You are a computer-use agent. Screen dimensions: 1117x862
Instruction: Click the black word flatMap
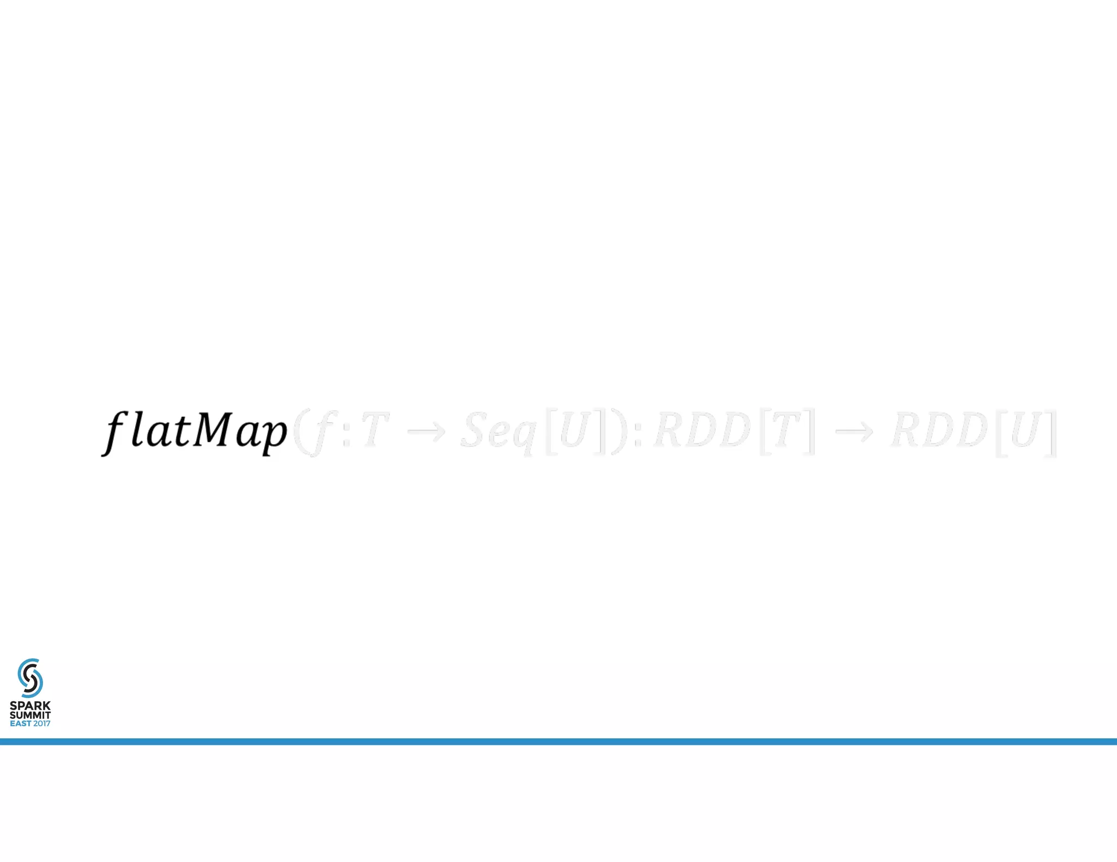point(194,432)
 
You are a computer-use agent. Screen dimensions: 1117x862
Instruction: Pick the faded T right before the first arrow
point(374,429)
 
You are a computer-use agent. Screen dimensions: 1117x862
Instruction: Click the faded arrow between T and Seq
point(427,432)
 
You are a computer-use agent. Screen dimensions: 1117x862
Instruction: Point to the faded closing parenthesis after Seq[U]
point(618,432)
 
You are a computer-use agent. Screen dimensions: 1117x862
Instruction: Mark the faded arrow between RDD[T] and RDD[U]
point(854,432)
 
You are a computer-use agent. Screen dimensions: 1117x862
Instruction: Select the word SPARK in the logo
point(30,706)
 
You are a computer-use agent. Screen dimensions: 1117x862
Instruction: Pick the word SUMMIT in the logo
point(30,715)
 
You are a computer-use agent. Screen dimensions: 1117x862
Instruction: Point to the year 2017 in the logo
point(41,724)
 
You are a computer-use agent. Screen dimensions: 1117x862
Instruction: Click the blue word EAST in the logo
point(20,724)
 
